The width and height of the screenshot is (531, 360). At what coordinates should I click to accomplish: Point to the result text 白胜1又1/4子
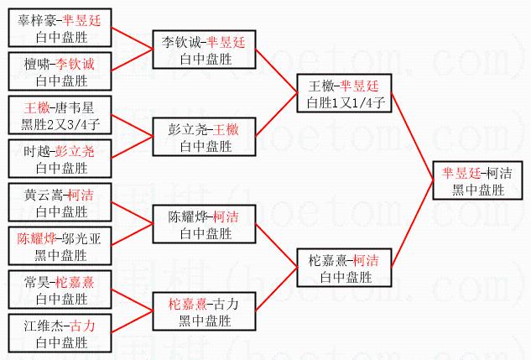point(344,102)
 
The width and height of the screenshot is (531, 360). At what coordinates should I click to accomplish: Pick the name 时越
point(38,152)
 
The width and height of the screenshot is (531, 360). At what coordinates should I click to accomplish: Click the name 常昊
point(38,282)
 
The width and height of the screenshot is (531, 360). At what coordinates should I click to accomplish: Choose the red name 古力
point(82,326)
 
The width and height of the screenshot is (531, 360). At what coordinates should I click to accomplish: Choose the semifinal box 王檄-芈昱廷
point(344,94)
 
